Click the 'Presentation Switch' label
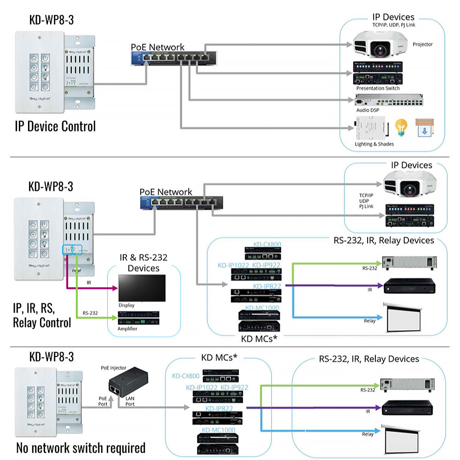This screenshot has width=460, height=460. (378, 88)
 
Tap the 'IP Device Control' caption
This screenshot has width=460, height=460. (55, 126)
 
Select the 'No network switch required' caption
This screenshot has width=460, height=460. (81, 448)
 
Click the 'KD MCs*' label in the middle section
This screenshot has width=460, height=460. (259, 339)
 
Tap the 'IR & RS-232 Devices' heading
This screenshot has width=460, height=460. (144, 263)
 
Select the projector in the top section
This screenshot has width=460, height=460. (379, 45)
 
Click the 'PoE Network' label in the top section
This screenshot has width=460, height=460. (157, 47)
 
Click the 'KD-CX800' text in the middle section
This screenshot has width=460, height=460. (267, 244)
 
